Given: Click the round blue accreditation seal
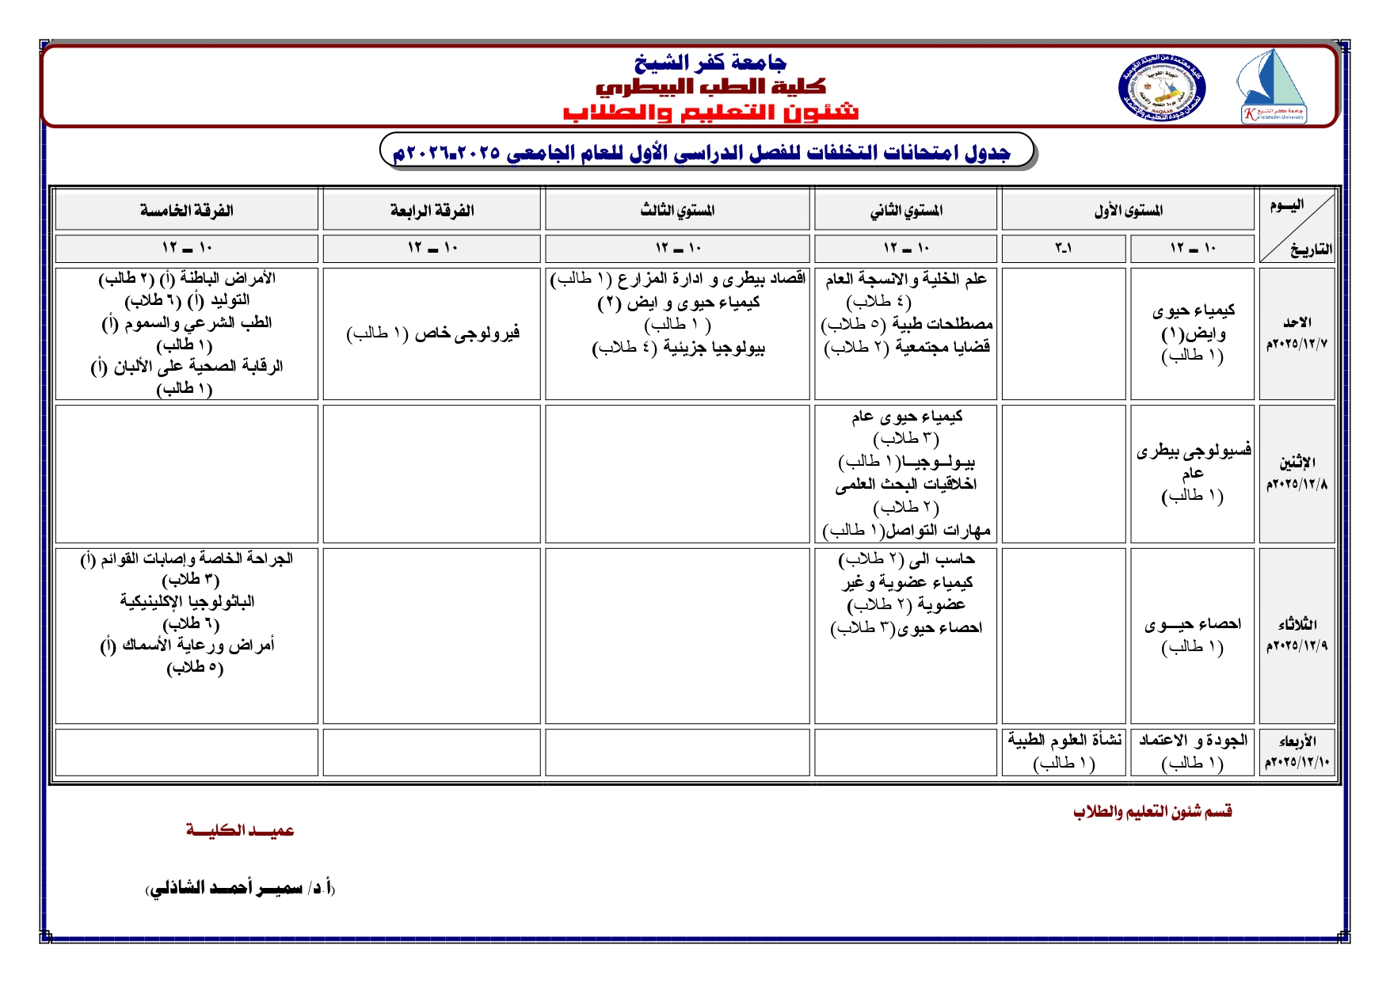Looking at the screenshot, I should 1161,88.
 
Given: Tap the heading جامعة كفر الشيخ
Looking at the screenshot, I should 710,62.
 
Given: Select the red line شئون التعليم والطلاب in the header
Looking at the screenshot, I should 710,112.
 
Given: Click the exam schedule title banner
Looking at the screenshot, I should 707,150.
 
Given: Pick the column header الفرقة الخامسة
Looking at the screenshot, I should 186,210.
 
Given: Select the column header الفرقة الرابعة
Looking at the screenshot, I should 432,210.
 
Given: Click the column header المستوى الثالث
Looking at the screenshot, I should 677,210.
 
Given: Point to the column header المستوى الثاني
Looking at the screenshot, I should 905,210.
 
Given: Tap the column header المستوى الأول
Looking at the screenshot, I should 1128,210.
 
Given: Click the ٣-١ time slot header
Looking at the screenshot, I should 1063,248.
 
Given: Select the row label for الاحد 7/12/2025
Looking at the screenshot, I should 1297,333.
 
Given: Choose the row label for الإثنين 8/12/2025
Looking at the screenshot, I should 1297,473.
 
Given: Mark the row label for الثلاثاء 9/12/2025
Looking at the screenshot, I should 1297,634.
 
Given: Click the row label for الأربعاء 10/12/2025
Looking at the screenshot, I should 1297,752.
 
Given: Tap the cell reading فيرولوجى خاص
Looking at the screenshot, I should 432,333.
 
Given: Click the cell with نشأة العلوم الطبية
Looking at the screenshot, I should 1064,751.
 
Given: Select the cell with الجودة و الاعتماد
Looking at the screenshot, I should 1192,751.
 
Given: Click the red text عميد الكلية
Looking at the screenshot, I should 240,830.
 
